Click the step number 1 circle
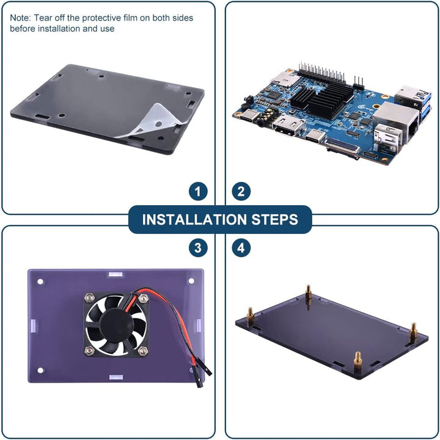pyautogui.click(x=198, y=192)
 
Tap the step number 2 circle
pyautogui.click(x=241, y=192)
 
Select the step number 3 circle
pyautogui.click(x=198, y=248)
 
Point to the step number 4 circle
pyautogui.click(x=241, y=248)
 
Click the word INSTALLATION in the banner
pyautogui.click(x=194, y=220)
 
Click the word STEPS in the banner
pyautogui.click(x=274, y=220)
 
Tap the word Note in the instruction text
pyautogui.click(x=20, y=18)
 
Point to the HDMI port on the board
pyautogui.click(x=287, y=126)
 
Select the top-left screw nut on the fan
pyautogui.click(x=89, y=297)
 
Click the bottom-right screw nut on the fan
pyautogui.click(x=143, y=350)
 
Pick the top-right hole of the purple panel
pyautogui.click(x=191, y=281)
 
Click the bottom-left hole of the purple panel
pyautogui.click(x=40, y=370)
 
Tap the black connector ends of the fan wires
pyautogui.click(x=203, y=373)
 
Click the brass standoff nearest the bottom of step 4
pyautogui.click(x=358, y=362)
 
